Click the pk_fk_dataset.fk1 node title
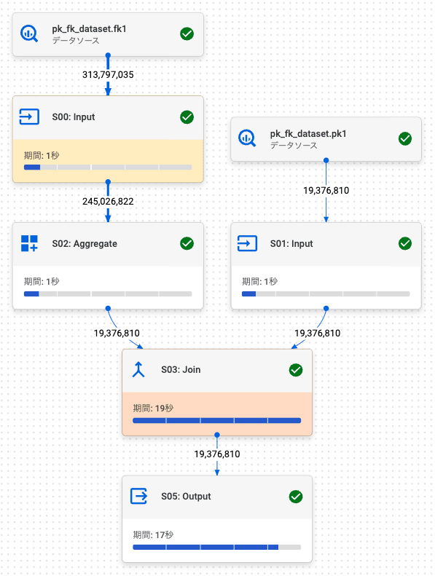(89, 28)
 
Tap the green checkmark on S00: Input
(187, 117)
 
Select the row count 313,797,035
(108, 74)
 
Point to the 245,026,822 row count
(108, 201)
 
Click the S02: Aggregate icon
(29, 243)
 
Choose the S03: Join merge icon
(138, 369)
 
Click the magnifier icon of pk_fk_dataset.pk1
(247, 138)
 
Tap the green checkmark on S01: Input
(405, 243)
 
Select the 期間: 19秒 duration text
(153, 408)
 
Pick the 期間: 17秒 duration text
(153, 534)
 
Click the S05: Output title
(186, 497)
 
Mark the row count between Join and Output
(217, 454)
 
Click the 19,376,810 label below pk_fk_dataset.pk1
(326, 190)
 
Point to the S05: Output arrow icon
(139, 496)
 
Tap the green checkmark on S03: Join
(296, 370)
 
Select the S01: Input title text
(291, 243)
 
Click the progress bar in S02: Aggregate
(108, 294)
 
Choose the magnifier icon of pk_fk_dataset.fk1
(29, 33)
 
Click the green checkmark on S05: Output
(296, 497)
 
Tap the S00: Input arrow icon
(29, 117)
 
